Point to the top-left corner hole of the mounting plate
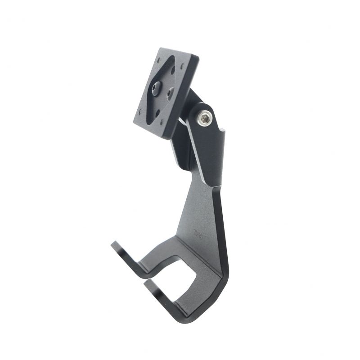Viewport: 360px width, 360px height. (160, 62)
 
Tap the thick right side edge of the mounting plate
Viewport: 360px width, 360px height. (189, 94)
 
